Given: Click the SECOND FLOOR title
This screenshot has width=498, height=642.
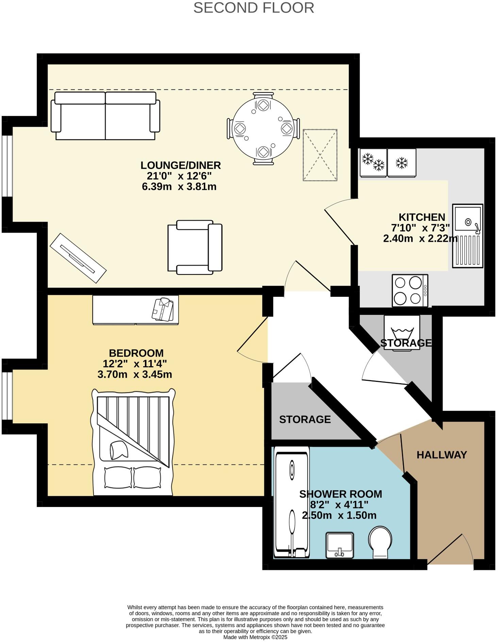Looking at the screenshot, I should [x=253, y=8].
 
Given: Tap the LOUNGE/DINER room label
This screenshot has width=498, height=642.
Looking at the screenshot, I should [x=181, y=165].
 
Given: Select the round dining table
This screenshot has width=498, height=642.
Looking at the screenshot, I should [x=263, y=129].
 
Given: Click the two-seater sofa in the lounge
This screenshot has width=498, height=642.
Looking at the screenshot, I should [x=105, y=116].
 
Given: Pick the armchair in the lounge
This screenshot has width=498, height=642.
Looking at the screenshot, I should [x=195, y=247].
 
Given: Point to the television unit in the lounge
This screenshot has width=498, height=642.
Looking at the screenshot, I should [x=78, y=258].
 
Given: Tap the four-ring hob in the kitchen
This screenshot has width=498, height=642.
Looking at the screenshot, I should [x=410, y=291].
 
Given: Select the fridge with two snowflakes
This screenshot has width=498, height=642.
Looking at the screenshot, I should [x=373, y=163].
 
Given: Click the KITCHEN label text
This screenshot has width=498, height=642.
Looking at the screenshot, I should [x=422, y=217].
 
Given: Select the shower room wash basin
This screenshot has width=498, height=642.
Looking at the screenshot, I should [x=339, y=545].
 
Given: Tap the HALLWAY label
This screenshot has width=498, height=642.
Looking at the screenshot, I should [x=442, y=455].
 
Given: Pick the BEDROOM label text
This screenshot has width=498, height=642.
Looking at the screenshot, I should [x=136, y=353].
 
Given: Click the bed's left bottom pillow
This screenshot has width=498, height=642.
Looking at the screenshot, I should [x=118, y=478].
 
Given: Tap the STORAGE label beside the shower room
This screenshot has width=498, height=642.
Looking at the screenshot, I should [x=305, y=420].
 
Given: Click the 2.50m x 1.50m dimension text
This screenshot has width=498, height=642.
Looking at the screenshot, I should [x=339, y=516].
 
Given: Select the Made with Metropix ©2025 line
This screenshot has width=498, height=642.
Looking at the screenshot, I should [x=255, y=637].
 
